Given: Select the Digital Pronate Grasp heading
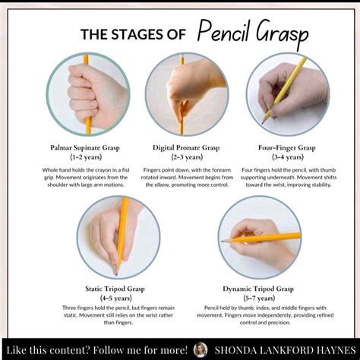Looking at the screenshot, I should pyautogui.click(x=180, y=146).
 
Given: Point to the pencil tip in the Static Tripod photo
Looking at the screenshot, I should pyautogui.click(x=115, y=271).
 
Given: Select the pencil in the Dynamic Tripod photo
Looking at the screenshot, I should pyautogui.click(x=266, y=238).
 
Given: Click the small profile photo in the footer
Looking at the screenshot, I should pyautogui.click(x=201, y=349).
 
